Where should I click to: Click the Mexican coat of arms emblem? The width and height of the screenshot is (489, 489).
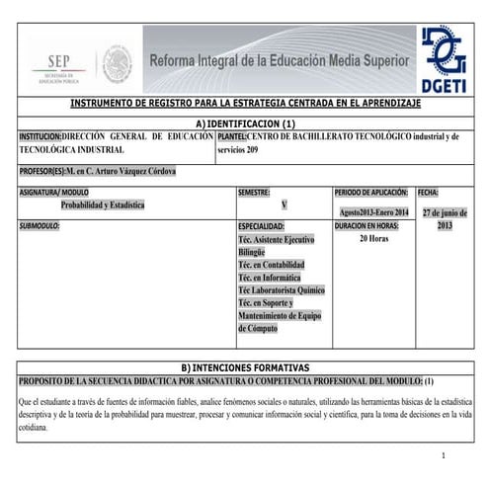click(116, 64)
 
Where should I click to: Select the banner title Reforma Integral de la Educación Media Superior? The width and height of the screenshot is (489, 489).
click(279, 62)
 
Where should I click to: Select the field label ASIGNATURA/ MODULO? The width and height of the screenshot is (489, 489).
click(53, 192)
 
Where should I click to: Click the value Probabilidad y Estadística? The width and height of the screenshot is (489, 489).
click(103, 205)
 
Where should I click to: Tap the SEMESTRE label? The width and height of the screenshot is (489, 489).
click(254, 192)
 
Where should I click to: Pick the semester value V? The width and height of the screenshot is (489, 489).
click(284, 204)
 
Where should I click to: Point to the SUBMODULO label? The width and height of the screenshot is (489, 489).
click(41, 226)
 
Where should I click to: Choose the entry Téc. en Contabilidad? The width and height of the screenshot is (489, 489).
click(271, 265)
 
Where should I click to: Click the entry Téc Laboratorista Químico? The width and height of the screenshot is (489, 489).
click(281, 290)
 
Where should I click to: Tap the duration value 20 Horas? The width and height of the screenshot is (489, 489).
click(372, 239)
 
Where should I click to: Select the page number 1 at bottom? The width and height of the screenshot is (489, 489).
click(445, 455)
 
